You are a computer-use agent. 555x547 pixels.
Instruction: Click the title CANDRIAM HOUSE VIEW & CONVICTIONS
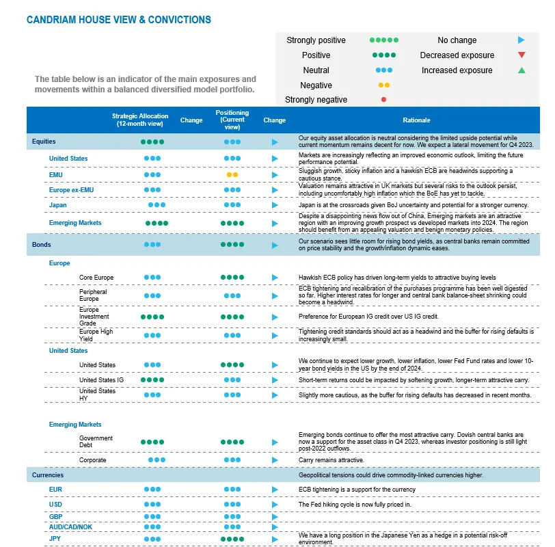click(x=118, y=20)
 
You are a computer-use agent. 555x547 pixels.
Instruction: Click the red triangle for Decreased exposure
click(x=522, y=55)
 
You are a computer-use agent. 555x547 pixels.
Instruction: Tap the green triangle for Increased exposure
click(x=522, y=70)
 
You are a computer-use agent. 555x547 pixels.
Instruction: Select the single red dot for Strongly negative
click(x=383, y=100)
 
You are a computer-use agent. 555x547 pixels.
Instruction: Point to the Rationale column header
click(x=416, y=120)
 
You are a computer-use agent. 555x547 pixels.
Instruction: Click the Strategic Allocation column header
click(x=139, y=120)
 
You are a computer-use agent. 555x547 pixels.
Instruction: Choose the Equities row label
click(x=44, y=142)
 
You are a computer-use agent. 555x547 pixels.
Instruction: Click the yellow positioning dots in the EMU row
click(x=232, y=174)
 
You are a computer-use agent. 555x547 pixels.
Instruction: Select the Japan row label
click(x=57, y=205)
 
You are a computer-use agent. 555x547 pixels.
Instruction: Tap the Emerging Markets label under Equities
click(x=75, y=223)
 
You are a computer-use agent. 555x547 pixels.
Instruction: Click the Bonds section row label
click(x=41, y=244)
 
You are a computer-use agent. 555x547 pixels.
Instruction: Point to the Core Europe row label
click(x=96, y=278)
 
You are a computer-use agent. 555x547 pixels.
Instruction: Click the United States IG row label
click(x=101, y=380)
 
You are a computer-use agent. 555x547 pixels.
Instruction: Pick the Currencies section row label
click(x=47, y=475)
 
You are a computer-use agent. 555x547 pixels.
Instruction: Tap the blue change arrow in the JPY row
click(x=275, y=538)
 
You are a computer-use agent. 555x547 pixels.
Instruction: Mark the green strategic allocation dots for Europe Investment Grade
click(x=152, y=317)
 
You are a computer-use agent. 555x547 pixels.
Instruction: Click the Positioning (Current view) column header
click(x=232, y=120)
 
